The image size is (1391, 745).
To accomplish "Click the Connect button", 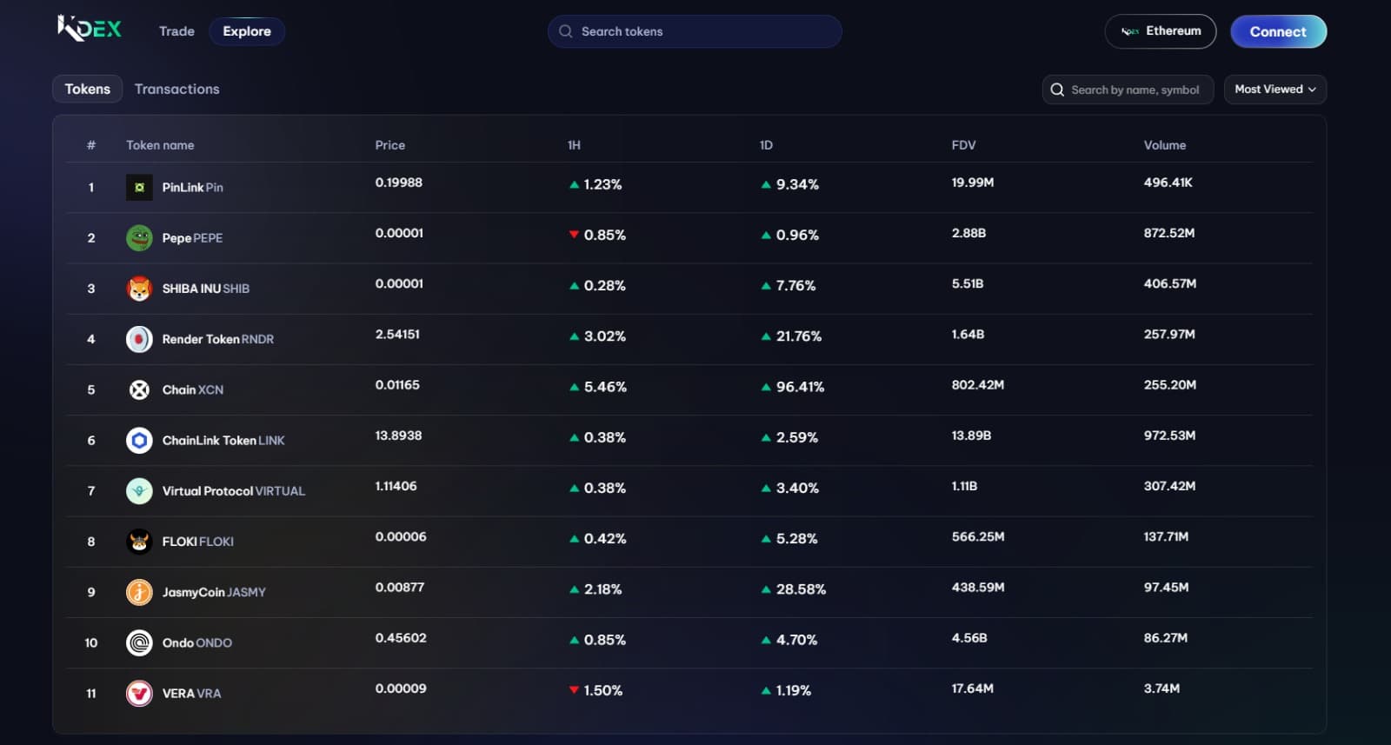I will click(1278, 31).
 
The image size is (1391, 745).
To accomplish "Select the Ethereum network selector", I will click(1160, 31).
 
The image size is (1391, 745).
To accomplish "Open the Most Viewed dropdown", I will click(1275, 90).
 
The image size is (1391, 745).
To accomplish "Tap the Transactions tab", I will click(176, 90).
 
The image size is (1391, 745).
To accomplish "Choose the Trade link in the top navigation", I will click(176, 31).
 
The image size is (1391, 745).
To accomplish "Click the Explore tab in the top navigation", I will click(247, 31).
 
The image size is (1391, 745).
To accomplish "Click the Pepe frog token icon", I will click(139, 237).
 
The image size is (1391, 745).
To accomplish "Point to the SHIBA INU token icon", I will click(139, 289).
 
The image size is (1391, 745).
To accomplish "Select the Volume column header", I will click(1164, 145).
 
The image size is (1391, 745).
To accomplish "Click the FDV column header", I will click(963, 145).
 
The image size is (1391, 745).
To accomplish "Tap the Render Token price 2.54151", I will click(397, 335).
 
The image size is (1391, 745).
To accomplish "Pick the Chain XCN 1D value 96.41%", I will click(799, 387).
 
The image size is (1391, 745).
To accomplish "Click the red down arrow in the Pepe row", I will click(574, 235).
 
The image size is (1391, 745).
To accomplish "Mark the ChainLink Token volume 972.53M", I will click(1169, 436).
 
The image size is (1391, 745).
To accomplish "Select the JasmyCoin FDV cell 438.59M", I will click(977, 588).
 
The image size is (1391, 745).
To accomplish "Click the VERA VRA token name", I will click(191, 694).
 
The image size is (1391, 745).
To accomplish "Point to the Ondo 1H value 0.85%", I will click(604, 640).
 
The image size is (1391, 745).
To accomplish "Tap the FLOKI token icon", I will click(139, 542).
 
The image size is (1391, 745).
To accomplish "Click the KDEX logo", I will click(90, 30).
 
